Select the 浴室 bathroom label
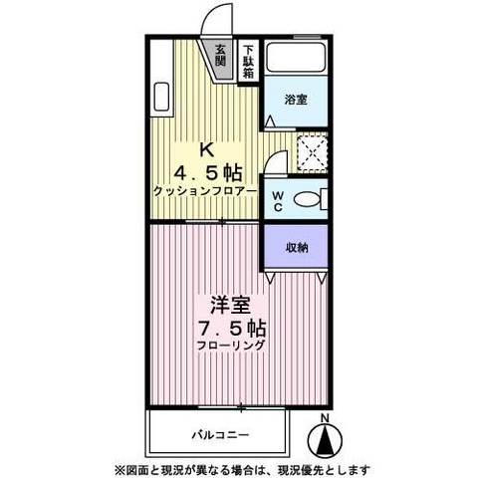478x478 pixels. [x=295, y=100]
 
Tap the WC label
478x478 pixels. [x=278, y=199]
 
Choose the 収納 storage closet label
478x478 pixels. [x=296, y=249]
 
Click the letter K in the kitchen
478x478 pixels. [x=206, y=149]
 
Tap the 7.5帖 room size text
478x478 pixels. [x=229, y=326]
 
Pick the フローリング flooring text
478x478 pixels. [x=230, y=346]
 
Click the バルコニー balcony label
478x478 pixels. [x=219, y=435]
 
